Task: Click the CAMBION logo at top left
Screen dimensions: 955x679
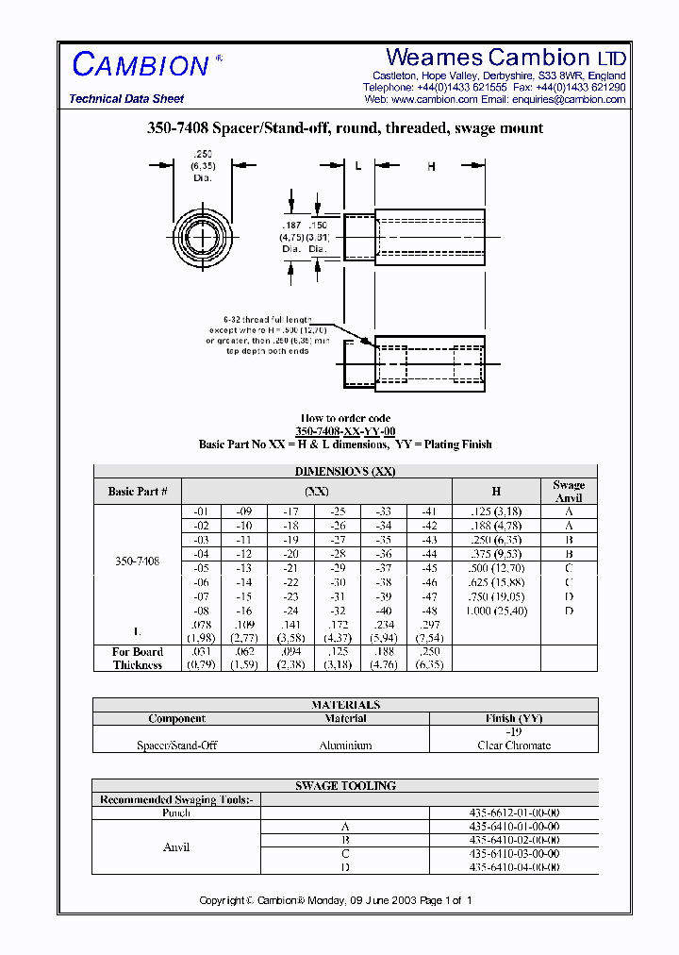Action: [141, 65]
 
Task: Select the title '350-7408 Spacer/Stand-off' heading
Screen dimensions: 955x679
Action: [344, 128]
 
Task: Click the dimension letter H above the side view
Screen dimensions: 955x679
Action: [431, 166]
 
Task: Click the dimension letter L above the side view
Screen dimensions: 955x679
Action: [358, 166]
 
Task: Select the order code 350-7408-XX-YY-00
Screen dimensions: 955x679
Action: [344, 431]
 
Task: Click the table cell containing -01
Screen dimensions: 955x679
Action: [201, 511]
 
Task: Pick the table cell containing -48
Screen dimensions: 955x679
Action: [429, 611]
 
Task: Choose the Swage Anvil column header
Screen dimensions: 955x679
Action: [569, 491]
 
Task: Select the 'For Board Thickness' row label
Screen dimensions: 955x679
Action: [138, 659]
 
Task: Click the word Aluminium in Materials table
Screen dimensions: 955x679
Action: [346, 746]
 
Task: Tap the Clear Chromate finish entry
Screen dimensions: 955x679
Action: [514, 746]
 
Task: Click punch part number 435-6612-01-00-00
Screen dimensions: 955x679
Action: [514, 813]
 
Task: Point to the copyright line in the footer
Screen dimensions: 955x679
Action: [335, 900]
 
